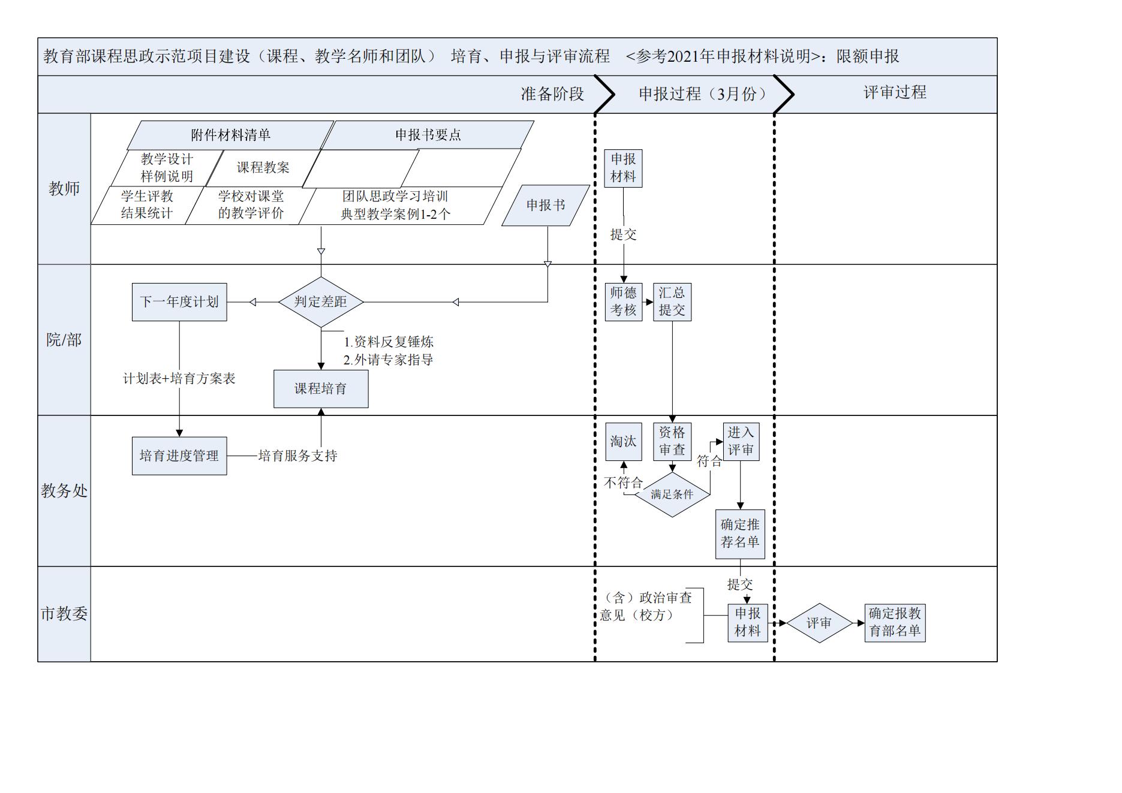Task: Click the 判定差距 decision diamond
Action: (x=321, y=301)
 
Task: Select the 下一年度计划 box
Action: (x=179, y=302)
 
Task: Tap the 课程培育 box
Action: (x=321, y=388)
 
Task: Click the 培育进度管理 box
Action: (x=179, y=456)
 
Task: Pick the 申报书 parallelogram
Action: (x=546, y=205)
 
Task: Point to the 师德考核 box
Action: (x=623, y=301)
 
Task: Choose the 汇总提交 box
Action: (x=672, y=301)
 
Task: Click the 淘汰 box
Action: (x=623, y=441)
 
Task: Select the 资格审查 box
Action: (x=672, y=441)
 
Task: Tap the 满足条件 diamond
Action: (x=672, y=495)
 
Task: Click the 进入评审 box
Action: (x=741, y=441)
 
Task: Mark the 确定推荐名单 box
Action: (x=740, y=533)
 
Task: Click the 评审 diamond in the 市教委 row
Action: (x=819, y=623)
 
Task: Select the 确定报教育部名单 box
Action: (x=895, y=622)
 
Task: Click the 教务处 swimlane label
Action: (x=64, y=491)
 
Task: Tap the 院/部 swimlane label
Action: (x=64, y=340)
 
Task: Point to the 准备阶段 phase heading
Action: (x=552, y=94)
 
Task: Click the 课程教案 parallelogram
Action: (x=263, y=168)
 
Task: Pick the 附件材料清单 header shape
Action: (x=231, y=135)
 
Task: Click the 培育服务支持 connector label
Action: (x=297, y=456)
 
